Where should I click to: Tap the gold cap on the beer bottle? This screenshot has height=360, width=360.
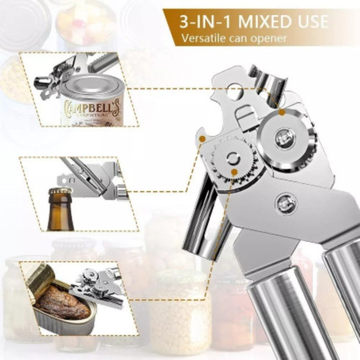pos(60,192)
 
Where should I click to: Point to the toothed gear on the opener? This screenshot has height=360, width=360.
pos(232,161)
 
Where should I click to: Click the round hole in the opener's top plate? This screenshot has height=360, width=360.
pos(234,91)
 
